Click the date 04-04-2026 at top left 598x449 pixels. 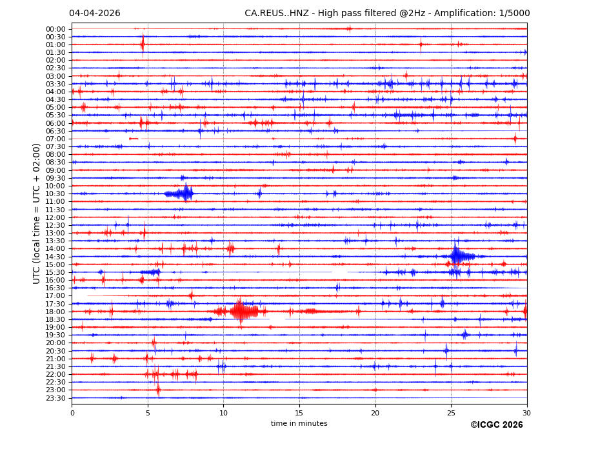[x=94, y=14]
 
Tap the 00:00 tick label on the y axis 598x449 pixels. [x=55, y=29]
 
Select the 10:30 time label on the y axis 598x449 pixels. [x=55, y=194]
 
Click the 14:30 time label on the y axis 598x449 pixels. [x=55, y=257]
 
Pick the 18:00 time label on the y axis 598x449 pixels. [x=55, y=312]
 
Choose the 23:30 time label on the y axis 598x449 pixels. [x=55, y=398]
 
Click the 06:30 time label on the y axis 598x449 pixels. [x=55, y=131]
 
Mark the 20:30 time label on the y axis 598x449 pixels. [x=55, y=351]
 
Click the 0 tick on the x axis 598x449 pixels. [x=72, y=413]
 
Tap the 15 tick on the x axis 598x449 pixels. [x=299, y=413]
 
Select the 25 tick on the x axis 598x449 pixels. [x=451, y=413]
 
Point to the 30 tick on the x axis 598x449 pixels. [x=527, y=413]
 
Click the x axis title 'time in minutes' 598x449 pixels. [x=299, y=424]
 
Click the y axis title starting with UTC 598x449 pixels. [x=37, y=214]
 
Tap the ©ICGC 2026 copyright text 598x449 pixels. [x=496, y=425]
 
